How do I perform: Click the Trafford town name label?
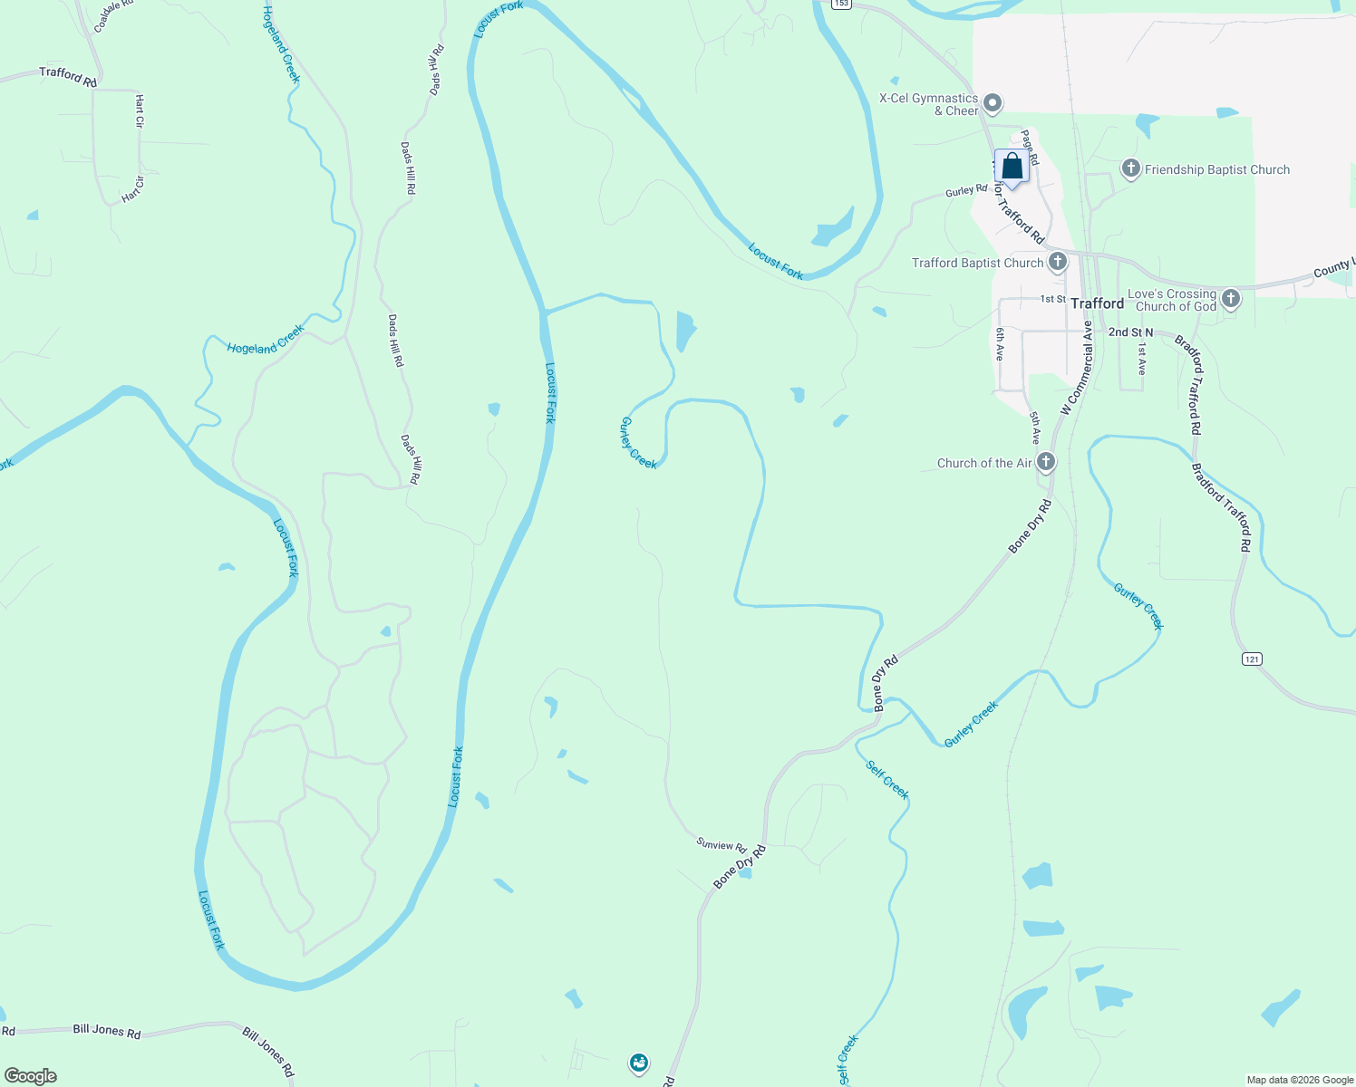[x=1097, y=303]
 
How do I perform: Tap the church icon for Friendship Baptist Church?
[x=1130, y=168]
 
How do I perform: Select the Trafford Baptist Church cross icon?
[x=1057, y=263]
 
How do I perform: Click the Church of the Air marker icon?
[x=1046, y=462]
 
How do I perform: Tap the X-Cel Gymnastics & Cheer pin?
[x=993, y=103]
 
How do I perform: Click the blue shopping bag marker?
[x=1012, y=168]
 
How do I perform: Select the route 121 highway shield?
[x=1252, y=659]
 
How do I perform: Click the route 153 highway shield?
[x=842, y=4]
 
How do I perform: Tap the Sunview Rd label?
[x=721, y=845]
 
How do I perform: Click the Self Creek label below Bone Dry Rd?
[x=886, y=779]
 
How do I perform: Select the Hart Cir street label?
[x=139, y=111]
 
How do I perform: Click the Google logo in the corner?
[x=31, y=1076]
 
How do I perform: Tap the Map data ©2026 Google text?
[x=1300, y=1080]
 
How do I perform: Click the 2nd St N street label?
[x=1130, y=332]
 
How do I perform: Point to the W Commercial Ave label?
[x=1077, y=368]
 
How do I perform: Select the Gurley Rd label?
[x=966, y=190]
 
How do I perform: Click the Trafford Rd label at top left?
[x=68, y=77]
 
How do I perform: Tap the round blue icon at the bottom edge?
[x=639, y=1063]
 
